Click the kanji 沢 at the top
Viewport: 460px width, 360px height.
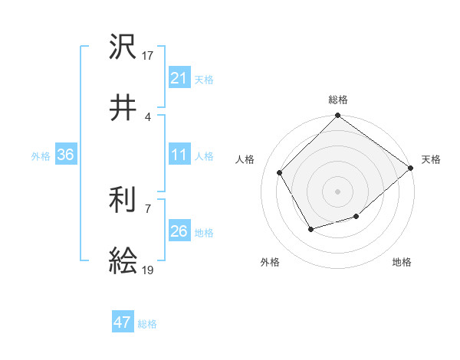tap(123, 47)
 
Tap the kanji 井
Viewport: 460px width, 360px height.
tap(123, 108)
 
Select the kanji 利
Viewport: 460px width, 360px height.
tap(123, 201)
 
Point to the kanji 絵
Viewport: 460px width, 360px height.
tap(123, 262)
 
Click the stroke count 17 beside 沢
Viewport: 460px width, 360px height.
tap(148, 55)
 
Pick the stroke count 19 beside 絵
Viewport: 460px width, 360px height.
tap(148, 270)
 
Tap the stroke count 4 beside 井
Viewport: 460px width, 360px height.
tap(148, 116)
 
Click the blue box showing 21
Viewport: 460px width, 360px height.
tap(179, 78)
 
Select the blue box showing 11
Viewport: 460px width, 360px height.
tap(179, 155)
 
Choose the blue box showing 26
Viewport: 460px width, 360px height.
tap(179, 231)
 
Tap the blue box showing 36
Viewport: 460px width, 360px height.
tap(66, 155)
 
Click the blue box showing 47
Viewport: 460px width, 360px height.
tap(122, 322)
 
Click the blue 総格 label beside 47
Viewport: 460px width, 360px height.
tap(147, 324)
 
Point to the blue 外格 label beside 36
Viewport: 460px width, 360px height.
tap(41, 156)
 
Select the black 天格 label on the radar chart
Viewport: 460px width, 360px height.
tap(431, 159)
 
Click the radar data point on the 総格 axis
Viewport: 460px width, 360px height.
tap(337, 116)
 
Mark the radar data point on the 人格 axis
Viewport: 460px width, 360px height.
tap(280, 172)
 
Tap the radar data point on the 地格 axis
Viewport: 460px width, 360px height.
tap(356, 217)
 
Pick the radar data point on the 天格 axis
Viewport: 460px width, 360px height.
tap(410, 168)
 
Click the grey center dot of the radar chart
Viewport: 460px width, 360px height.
tap(337, 191)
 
